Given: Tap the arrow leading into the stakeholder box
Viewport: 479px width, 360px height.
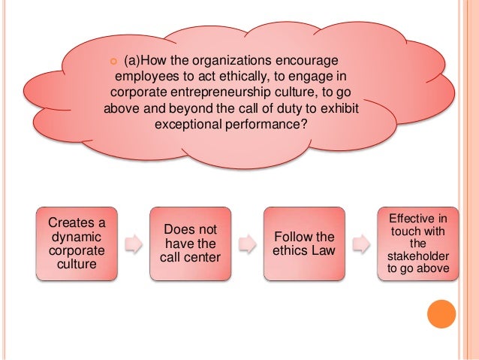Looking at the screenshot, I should click(360, 244).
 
